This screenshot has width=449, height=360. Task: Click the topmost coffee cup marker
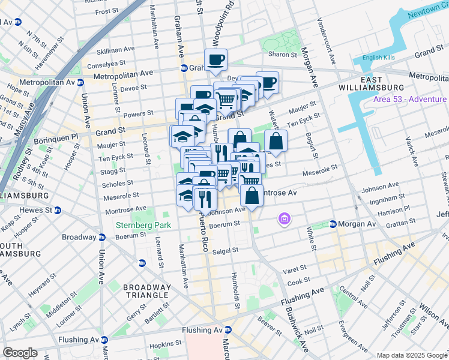point(215,59)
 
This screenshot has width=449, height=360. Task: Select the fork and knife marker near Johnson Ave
point(205,198)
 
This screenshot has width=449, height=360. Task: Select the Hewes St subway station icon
point(58,210)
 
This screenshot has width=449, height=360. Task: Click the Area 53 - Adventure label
point(409,99)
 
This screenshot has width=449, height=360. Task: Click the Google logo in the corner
point(20,353)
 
